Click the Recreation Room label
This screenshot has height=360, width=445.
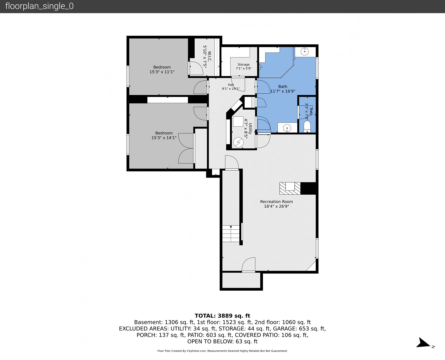276,202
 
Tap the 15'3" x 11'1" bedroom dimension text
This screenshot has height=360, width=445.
162,72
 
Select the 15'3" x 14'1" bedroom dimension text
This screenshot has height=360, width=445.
164,138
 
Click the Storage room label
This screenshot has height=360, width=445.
244,65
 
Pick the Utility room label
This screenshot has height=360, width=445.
250,128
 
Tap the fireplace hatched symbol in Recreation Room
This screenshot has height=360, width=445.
290,188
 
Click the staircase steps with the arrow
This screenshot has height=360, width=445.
231,234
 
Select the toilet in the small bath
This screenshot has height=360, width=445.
307,126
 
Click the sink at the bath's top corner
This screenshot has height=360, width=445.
305,51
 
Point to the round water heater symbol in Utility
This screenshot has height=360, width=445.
238,142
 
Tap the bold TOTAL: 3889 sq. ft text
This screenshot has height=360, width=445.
222,316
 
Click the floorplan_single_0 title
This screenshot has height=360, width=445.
39,6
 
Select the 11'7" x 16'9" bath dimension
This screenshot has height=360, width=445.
283,91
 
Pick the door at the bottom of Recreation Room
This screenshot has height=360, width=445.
249,265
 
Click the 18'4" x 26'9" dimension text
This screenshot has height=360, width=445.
276,206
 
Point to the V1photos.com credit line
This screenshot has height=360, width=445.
222,351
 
